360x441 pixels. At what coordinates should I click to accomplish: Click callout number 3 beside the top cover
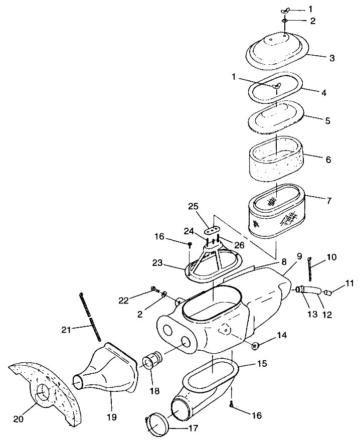click(331, 58)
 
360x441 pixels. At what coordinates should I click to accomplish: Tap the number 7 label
click(328, 201)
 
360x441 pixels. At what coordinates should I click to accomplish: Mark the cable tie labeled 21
click(91, 318)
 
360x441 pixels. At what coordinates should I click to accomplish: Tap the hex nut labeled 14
click(255, 346)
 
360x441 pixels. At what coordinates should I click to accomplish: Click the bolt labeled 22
click(153, 289)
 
